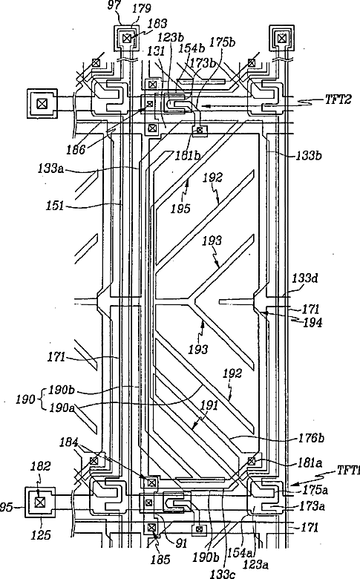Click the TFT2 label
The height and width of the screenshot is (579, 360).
[338, 99]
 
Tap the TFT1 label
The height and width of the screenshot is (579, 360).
[348, 470]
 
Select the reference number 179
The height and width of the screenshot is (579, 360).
[140, 8]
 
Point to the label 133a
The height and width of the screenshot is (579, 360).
[50, 169]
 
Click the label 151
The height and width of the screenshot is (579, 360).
[55, 206]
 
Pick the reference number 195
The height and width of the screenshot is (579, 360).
[180, 209]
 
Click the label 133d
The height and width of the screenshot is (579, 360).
[305, 278]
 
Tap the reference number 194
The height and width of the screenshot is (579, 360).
[312, 323]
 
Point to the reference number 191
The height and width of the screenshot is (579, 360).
[209, 406]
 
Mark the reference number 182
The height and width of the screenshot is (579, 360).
[40, 466]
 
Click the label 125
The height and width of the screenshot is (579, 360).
[41, 534]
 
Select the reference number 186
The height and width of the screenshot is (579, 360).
[76, 149]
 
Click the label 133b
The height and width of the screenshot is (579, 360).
[309, 155]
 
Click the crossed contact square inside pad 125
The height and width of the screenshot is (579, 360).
[39, 502]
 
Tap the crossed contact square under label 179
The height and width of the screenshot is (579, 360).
[127, 38]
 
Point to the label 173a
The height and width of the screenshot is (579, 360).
[312, 506]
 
